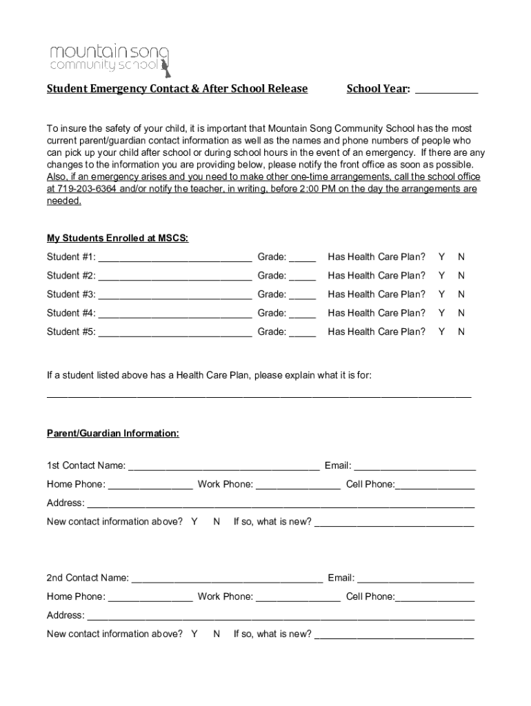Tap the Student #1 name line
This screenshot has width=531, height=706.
pos(175,259)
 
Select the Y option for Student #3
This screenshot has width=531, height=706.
pos(441,294)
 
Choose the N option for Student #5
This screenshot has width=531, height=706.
pos(461,332)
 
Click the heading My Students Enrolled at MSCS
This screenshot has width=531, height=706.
pos(117,239)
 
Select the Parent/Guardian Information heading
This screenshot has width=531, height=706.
pos(113,434)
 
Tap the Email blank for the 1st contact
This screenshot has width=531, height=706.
pos(414,467)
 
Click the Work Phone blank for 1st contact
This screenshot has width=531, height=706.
pos(298,485)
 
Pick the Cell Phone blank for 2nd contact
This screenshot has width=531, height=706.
pos(434,598)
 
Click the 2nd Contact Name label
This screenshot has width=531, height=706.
pos(88,578)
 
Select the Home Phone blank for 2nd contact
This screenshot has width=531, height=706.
pos(150,598)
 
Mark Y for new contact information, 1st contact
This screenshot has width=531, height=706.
pos(194,522)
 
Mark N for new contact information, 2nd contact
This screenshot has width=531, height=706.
pos(217,634)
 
